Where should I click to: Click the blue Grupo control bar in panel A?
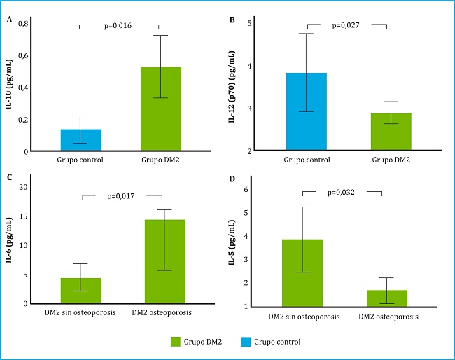(81, 140)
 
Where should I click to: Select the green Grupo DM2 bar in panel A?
(161, 109)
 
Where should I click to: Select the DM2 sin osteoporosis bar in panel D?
(302, 272)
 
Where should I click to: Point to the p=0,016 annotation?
(120, 26)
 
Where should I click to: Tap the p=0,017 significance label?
(122, 197)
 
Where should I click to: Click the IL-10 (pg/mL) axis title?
(11, 86)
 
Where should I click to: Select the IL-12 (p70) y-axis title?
(232, 86)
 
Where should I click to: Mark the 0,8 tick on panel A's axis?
(23, 24)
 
